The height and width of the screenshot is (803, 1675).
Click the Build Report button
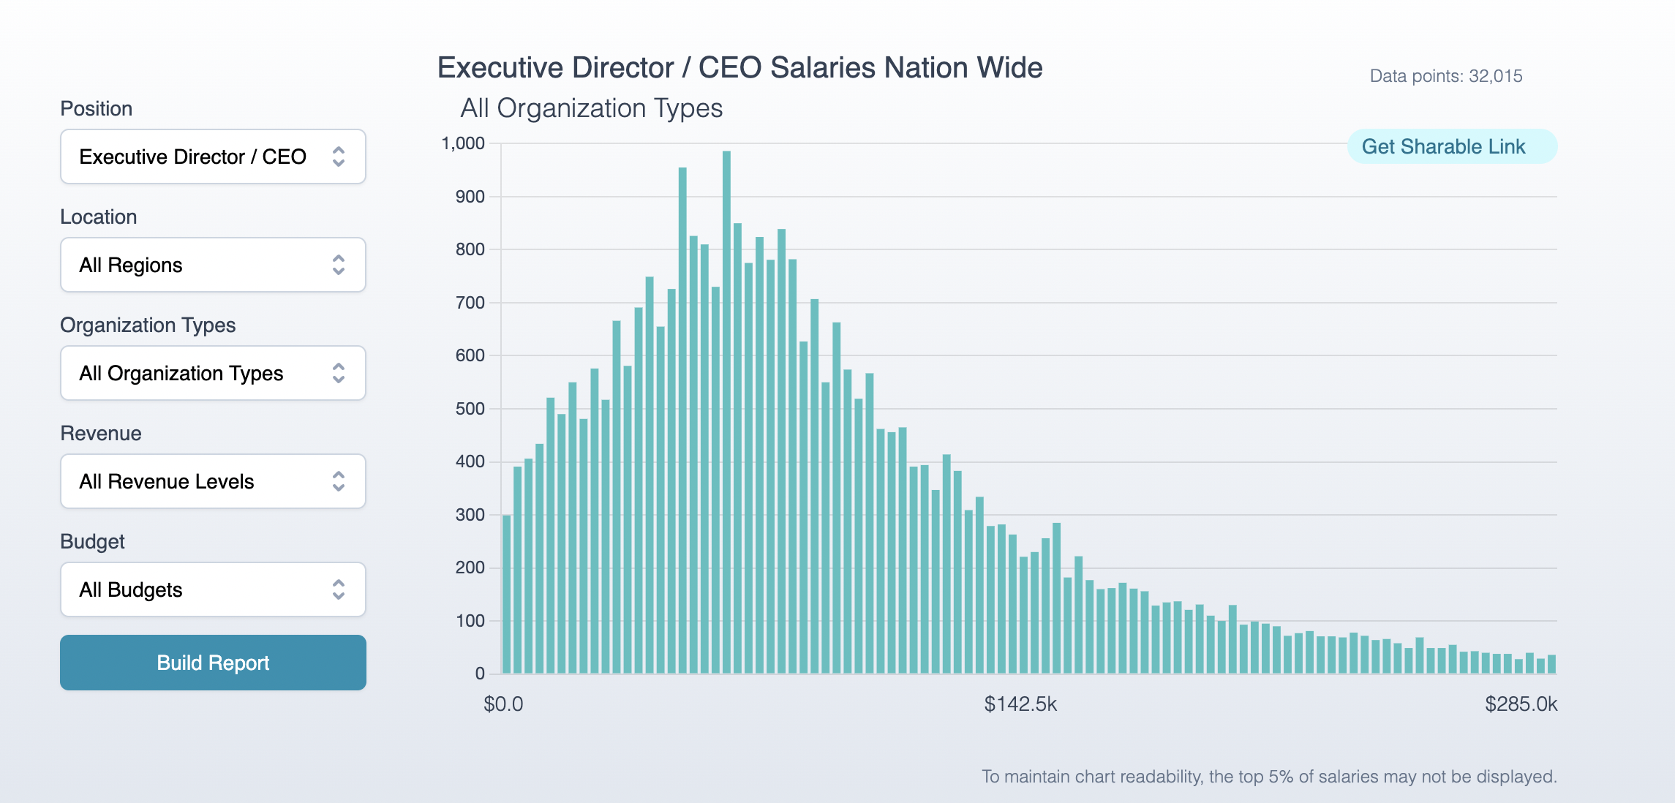click(x=213, y=663)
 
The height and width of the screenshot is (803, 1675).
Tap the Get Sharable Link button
click(x=1443, y=147)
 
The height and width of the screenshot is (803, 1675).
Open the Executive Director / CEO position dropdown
click(x=213, y=157)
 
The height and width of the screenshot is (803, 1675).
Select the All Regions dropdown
click(x=213, y=265)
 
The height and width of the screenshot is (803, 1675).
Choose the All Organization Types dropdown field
click(x=213, y=373)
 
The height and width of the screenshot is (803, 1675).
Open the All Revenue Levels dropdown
click(x=213, y=481)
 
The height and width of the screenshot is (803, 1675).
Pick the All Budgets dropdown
click(x=213, y=589)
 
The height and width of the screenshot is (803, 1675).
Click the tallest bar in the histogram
click(x=726, y=410)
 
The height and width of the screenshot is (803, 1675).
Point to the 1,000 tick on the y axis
click(x=463, y=143)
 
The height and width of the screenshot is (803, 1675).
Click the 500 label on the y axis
click(x=470, y=409)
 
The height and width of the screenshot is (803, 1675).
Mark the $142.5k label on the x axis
click(x=1020, y=704)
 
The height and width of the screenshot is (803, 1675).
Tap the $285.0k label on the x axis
click(x=1521, y=704)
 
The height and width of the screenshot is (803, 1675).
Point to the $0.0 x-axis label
click(x=503, y=704)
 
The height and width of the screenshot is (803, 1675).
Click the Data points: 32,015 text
click(x=1445, y=76)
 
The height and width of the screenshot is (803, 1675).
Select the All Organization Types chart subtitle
click(x=591, y=108)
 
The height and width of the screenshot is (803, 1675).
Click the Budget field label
click(x=92, y=542)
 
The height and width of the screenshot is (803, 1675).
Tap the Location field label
click(x=98, y=217)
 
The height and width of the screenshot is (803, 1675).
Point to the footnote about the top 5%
click(x=1269, y=777)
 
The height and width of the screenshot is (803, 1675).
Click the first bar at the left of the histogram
click(x=507, y=594)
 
